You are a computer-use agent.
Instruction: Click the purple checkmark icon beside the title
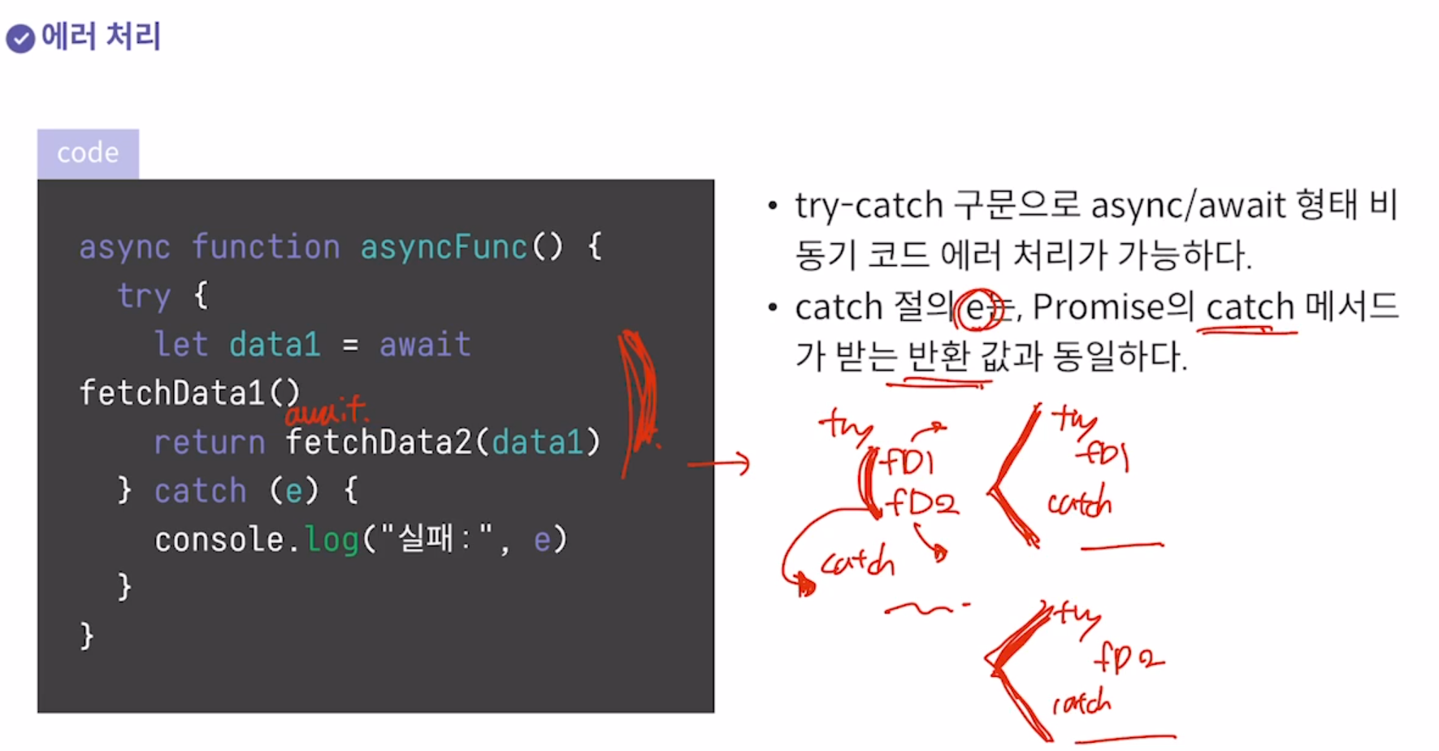click(20, 38)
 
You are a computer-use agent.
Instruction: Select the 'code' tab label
click(88, 153)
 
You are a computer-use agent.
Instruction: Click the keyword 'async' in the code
click(124, 247)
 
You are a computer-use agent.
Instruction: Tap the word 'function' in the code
click(265, 247)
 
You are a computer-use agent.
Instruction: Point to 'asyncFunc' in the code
click(444, 247)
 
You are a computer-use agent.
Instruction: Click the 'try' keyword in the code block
click(143, 296)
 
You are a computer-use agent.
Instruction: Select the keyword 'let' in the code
click(181, 345)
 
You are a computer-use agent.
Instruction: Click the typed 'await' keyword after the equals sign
click(425, 345)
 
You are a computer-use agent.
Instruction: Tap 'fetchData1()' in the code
click(189, 393)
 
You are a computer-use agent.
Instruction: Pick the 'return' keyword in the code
click(210, 442)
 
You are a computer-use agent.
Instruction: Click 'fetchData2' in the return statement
click(379, 442)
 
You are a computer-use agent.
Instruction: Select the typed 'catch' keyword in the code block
click(200, 491)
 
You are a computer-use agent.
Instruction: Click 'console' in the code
click(219, 540)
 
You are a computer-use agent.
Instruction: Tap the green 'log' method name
click(332, 540)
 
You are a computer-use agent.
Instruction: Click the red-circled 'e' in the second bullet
click(977, 309)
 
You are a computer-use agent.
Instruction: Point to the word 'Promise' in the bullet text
click(1099, 307)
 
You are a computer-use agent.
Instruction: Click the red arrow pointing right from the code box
click(718, 464)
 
